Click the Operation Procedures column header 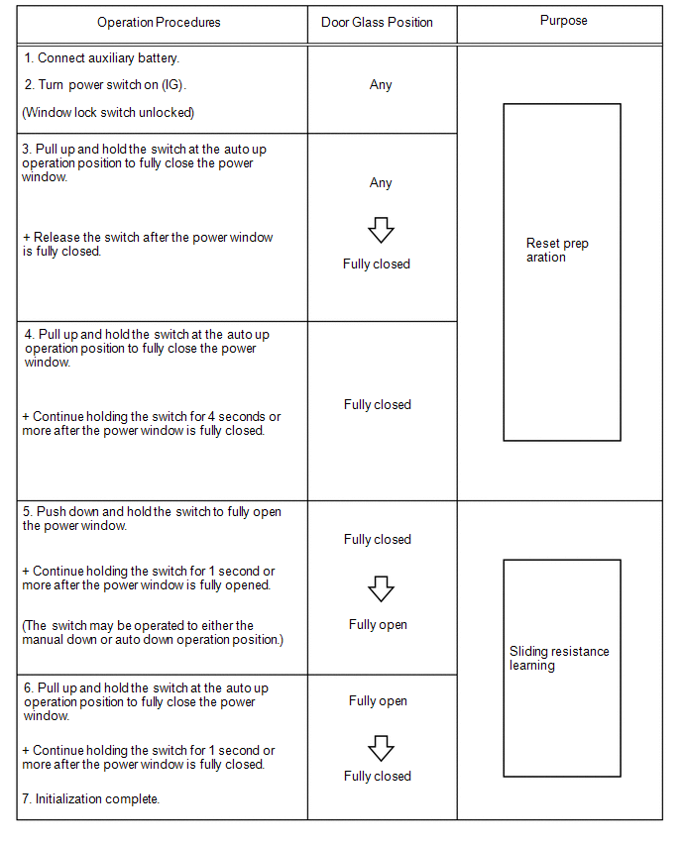point(159,22)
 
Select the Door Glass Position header point(377,22)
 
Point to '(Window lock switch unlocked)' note point(108,112)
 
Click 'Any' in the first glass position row point(381,85)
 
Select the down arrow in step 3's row point(381,231)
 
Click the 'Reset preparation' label point(557,250)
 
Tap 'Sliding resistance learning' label point(559,658)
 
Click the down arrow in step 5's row point(381,589)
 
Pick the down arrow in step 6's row point(381,747)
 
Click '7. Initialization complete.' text point(91,798)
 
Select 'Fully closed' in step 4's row point(377,404)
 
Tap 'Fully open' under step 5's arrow point(378,624)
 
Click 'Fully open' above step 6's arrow point(378,700)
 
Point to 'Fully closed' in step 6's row point(377,776)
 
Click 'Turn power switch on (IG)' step point(105,84)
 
